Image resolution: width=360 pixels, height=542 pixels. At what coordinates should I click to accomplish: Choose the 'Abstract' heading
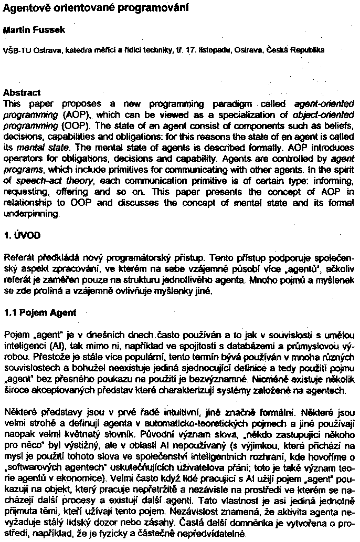click(x=22, y=92)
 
